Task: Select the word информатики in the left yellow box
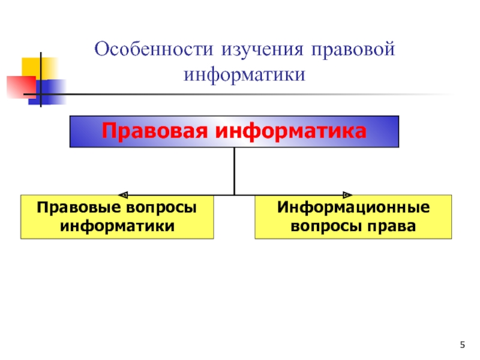tap(117, 226)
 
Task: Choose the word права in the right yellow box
tap(392, 226)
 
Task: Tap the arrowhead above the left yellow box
tap(123, 194)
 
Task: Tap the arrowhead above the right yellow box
tap(346, 194)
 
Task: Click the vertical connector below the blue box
tap(235, 171)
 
